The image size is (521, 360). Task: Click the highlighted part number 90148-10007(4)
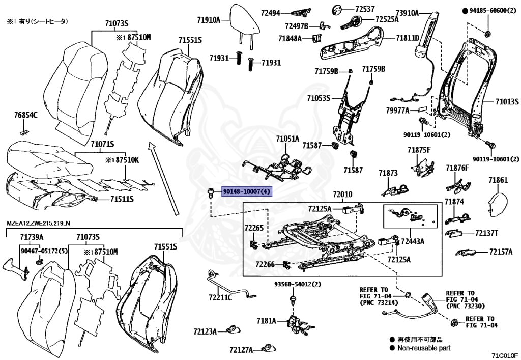point(247,191)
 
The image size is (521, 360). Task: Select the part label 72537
point(365,9)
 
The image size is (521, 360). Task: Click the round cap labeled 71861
point(498,201)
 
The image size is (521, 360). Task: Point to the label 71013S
point(507,101)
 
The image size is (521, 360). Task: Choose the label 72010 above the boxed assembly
point(342,195)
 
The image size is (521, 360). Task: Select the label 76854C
point(25,116)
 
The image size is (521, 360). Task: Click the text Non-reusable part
point(424,348)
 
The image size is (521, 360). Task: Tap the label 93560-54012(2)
point(298,284)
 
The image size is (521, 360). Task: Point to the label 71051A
point(287,139)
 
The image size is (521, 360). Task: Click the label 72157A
point(501,252)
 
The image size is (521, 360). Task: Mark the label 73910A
point(407,13)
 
